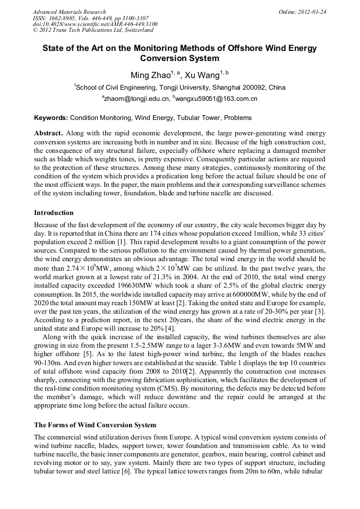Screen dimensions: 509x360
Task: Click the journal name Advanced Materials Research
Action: pos(69,12)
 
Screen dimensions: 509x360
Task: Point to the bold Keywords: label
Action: pos(51,118)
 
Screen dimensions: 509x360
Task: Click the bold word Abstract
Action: pos(48,133)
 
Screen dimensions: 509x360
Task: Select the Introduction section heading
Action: pos(54,213)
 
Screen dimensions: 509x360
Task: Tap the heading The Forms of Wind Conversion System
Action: pos(95,425)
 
